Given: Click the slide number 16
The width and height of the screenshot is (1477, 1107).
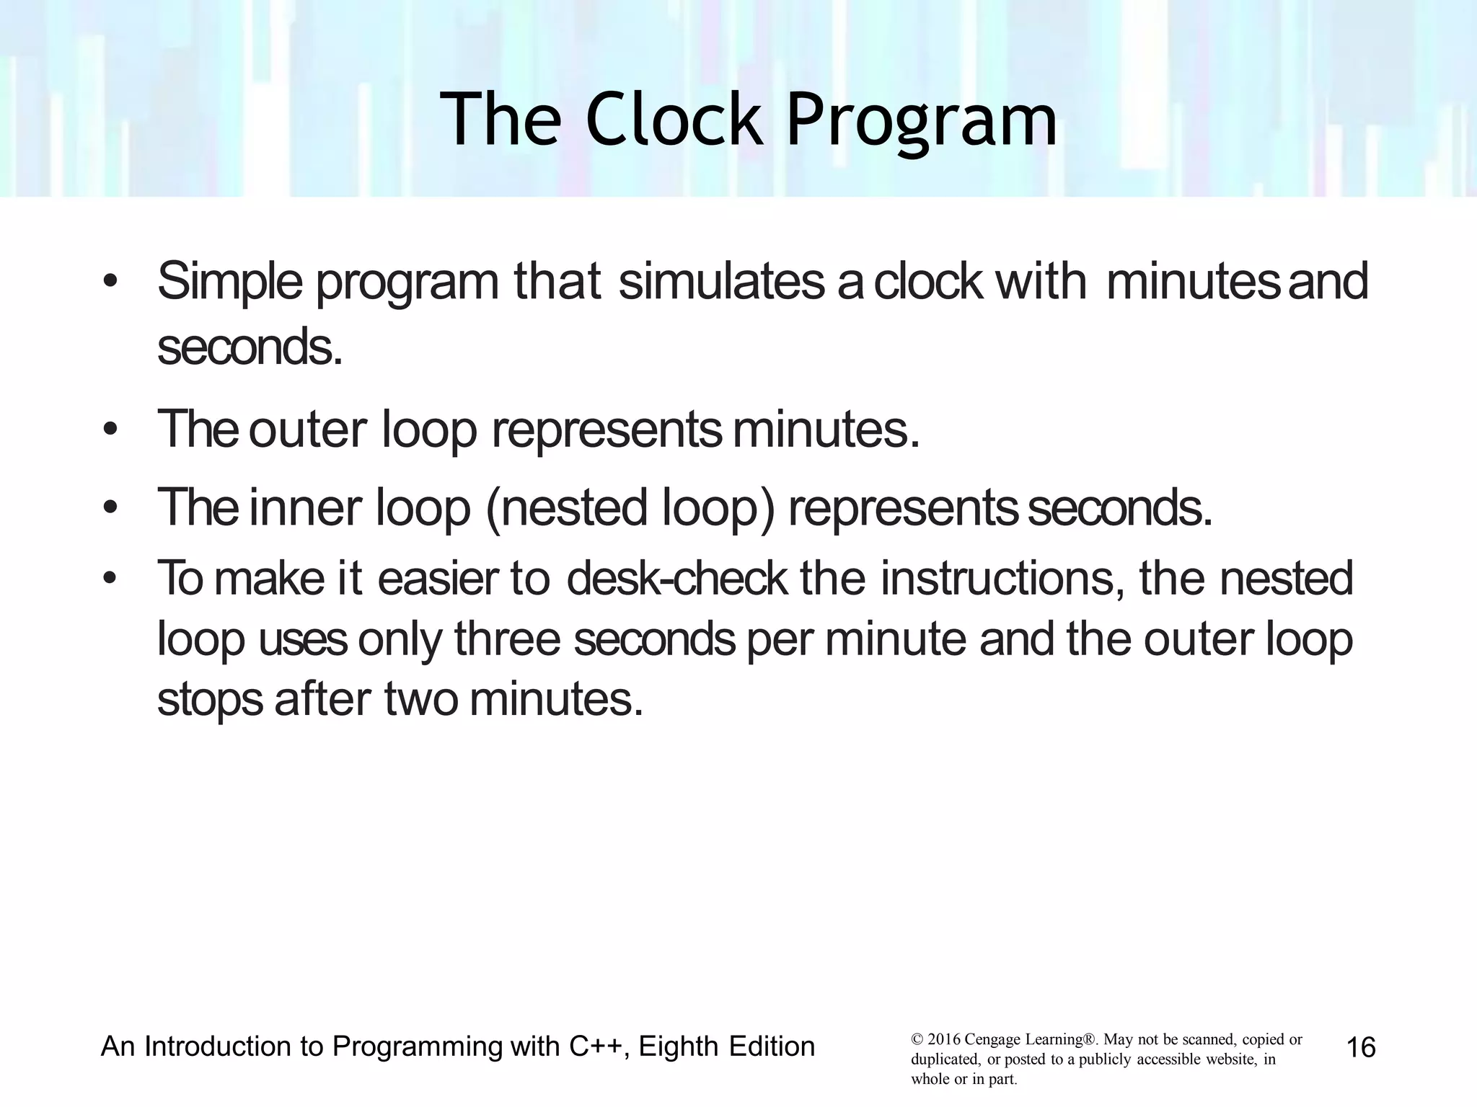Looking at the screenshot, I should click(x=1361, y=1047).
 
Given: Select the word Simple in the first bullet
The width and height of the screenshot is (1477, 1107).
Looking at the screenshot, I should click(x=230, y=282).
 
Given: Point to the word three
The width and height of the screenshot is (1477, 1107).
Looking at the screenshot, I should click(x=507, y=639).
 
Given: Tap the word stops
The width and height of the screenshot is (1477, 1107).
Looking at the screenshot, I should click(x=210, y=701).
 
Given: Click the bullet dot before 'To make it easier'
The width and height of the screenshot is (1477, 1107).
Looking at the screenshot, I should click(x=110, y=579).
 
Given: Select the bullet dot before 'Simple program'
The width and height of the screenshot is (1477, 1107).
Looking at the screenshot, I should click(x=110, y=282).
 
